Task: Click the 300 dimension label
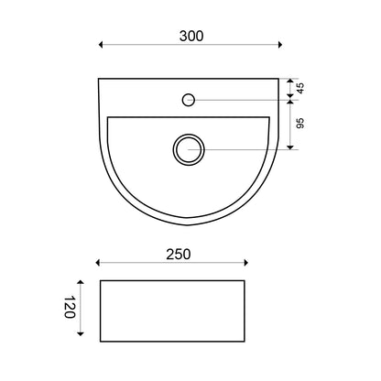191,36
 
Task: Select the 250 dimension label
179,255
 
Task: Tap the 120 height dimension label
70,307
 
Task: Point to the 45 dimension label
300,89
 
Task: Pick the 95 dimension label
300,123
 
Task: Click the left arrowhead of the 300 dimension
101,45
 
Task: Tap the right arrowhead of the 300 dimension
280,45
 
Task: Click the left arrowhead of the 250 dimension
98,263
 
